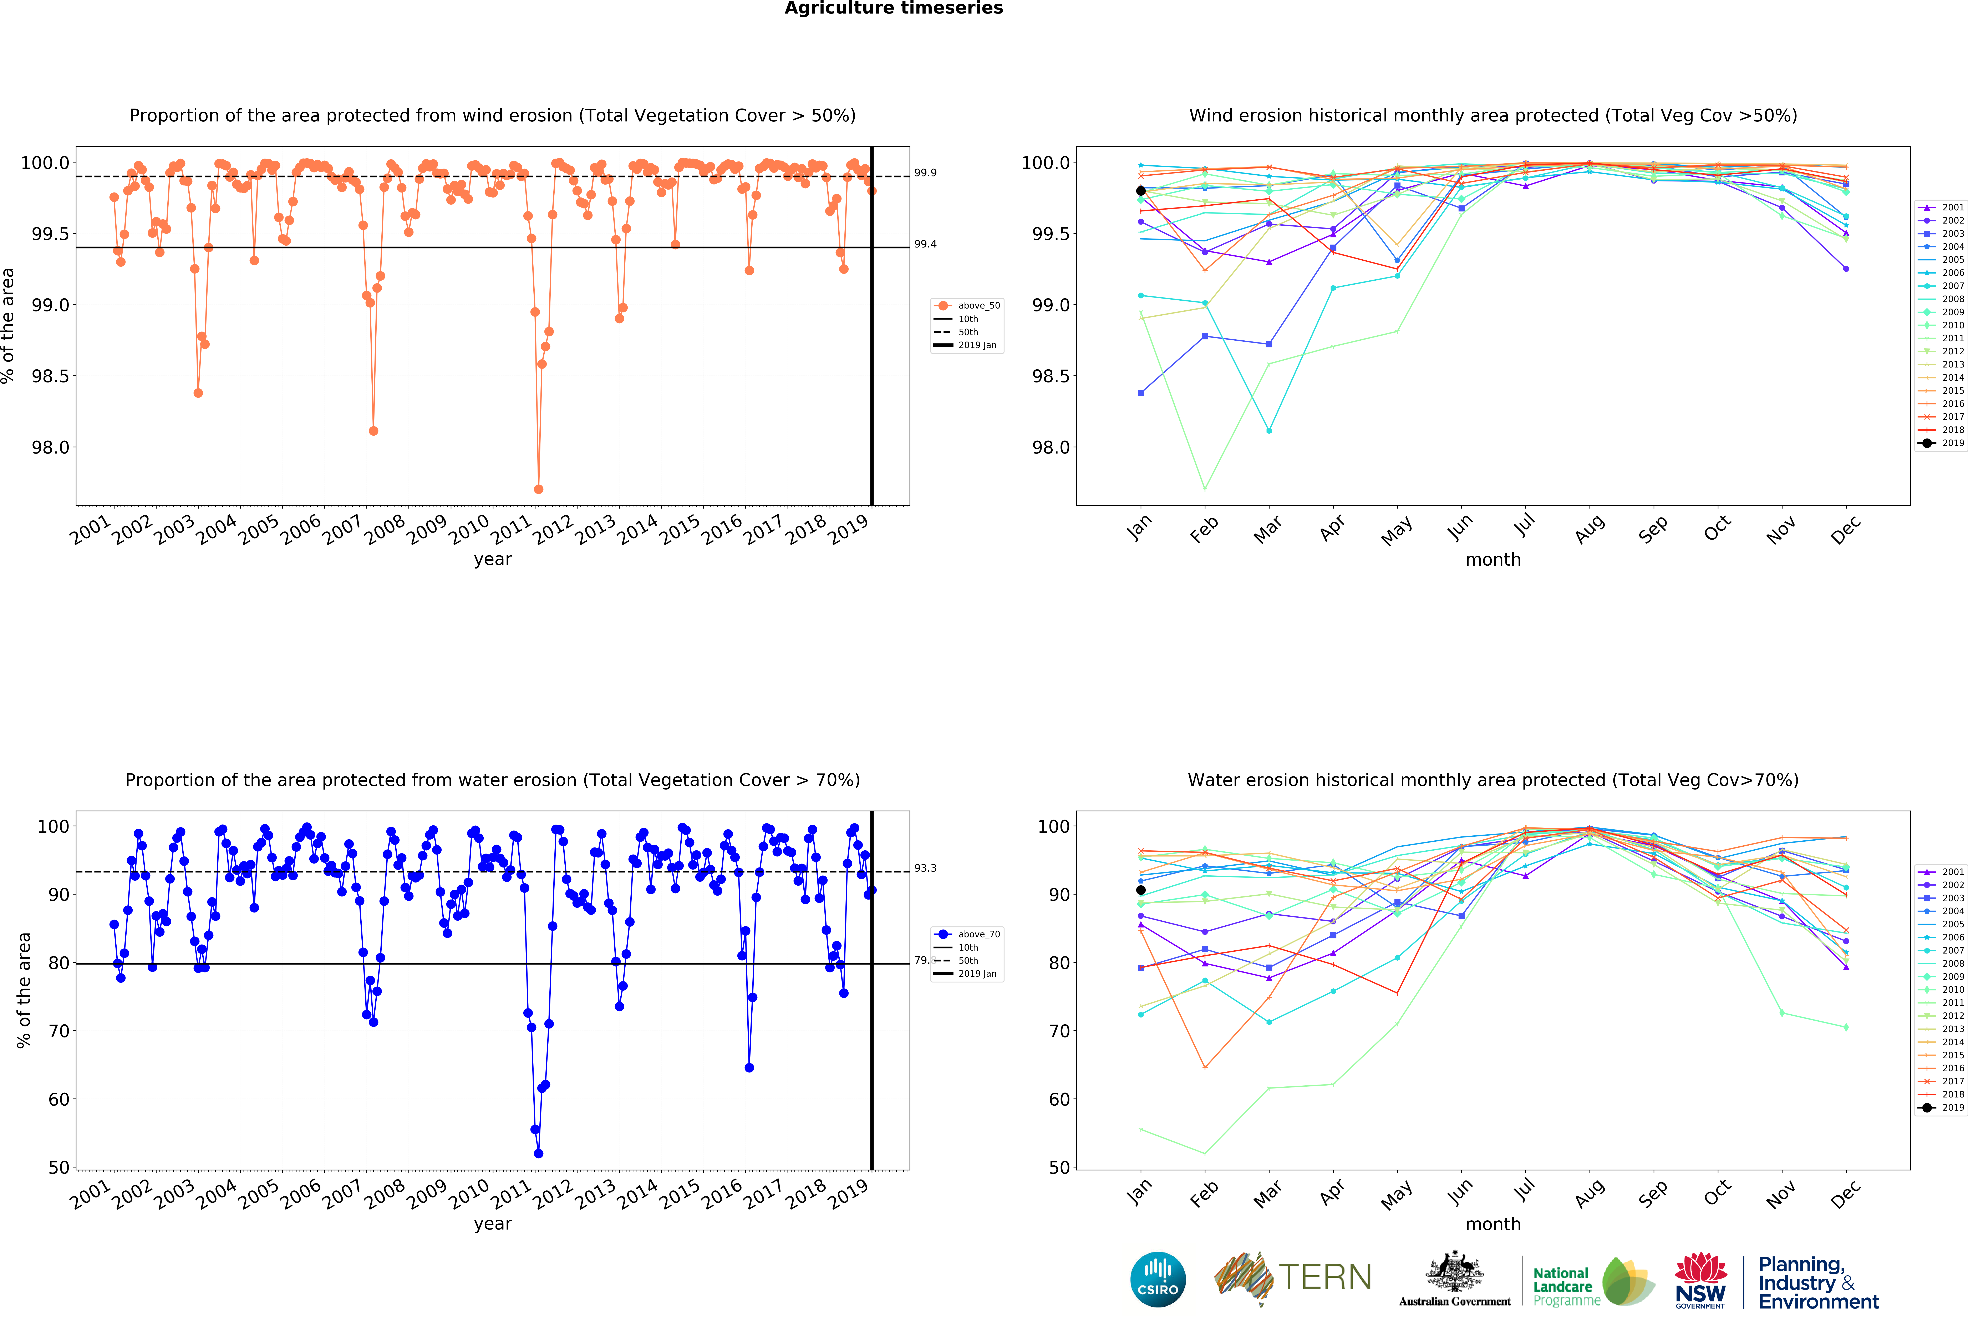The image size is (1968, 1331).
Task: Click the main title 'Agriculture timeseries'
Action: click(x=893, y=9)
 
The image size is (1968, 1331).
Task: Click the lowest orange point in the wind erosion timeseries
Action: click(x=539, y=489)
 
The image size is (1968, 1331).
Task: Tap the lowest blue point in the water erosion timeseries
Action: click(x=539, y=1153)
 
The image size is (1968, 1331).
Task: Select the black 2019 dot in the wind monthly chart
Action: click(x=1141, y=191)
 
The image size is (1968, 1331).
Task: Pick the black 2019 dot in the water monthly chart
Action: click(x=1141, y=890)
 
